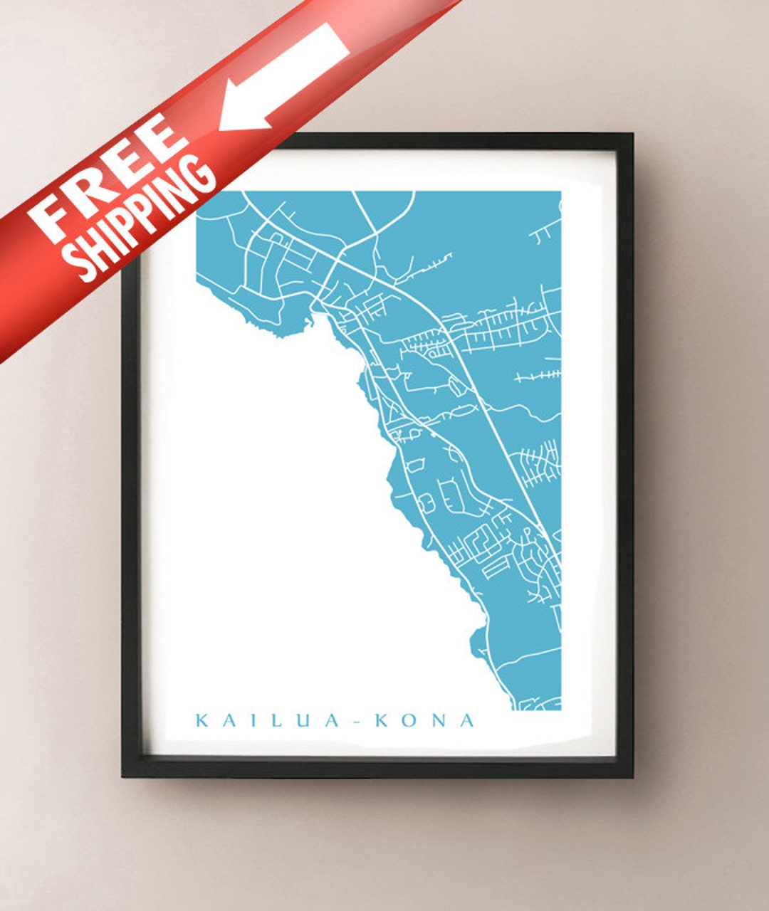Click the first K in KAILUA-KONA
202,720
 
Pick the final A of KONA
466,720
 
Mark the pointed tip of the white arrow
221,128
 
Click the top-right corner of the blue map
560,191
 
